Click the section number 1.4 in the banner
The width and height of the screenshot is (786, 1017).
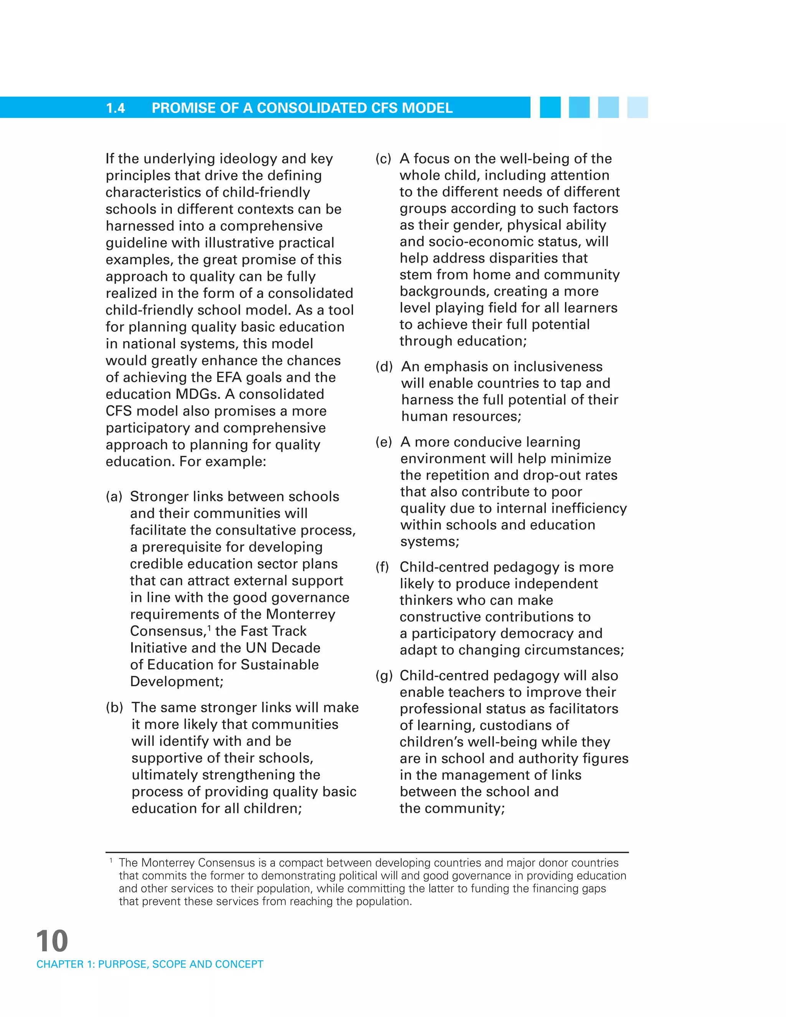click(x=116, y=108)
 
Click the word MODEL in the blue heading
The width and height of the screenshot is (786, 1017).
click(x=427, y=108)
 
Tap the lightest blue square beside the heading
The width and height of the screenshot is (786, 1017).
click(x=637, y=107)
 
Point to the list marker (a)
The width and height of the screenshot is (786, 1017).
click(x=114, y=496)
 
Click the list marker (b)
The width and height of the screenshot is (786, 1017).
click(x=114, y=707)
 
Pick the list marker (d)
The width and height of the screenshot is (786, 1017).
click(x=384, y=367)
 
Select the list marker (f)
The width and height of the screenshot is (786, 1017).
click(x=382, y=567)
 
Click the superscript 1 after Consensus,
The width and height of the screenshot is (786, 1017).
click(x=210, y=628)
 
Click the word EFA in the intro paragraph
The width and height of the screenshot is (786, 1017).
click(x=229, y=377)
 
